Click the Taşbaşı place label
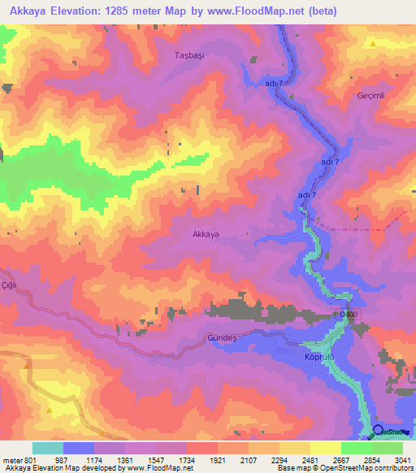192,55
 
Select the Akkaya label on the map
206,234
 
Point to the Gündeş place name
220,337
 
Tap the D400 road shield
348,314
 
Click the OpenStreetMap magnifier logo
379,432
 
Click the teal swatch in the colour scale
48,448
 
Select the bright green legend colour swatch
357,448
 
